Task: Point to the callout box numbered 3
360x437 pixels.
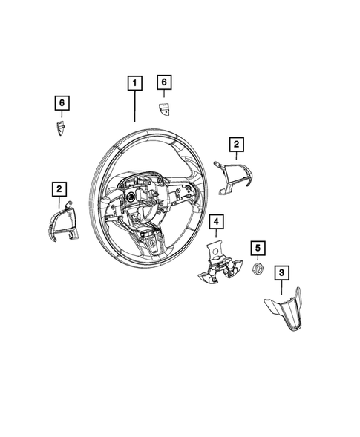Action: click(281, 273)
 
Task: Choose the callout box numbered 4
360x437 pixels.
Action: click(215, 221)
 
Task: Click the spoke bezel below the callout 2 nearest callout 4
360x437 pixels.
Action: click(231, 178)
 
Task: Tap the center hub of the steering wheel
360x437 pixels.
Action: click(137, 199)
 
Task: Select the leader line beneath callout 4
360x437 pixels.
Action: click(215, 239)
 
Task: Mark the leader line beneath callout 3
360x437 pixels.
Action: click(281, 287)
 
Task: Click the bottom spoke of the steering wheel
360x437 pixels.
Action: click(152, 245)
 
